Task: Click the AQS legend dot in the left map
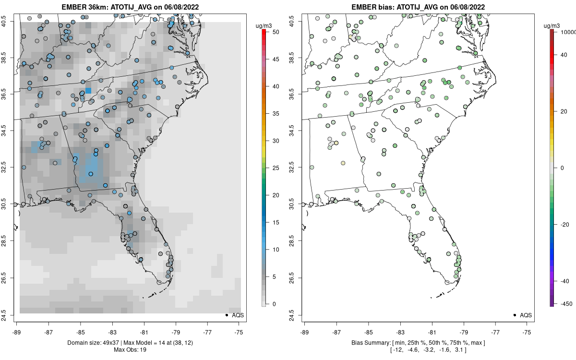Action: (226, 315)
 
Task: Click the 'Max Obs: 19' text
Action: (130, 349)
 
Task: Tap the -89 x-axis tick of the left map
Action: (16, 331)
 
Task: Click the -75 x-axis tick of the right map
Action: (527, 331)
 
